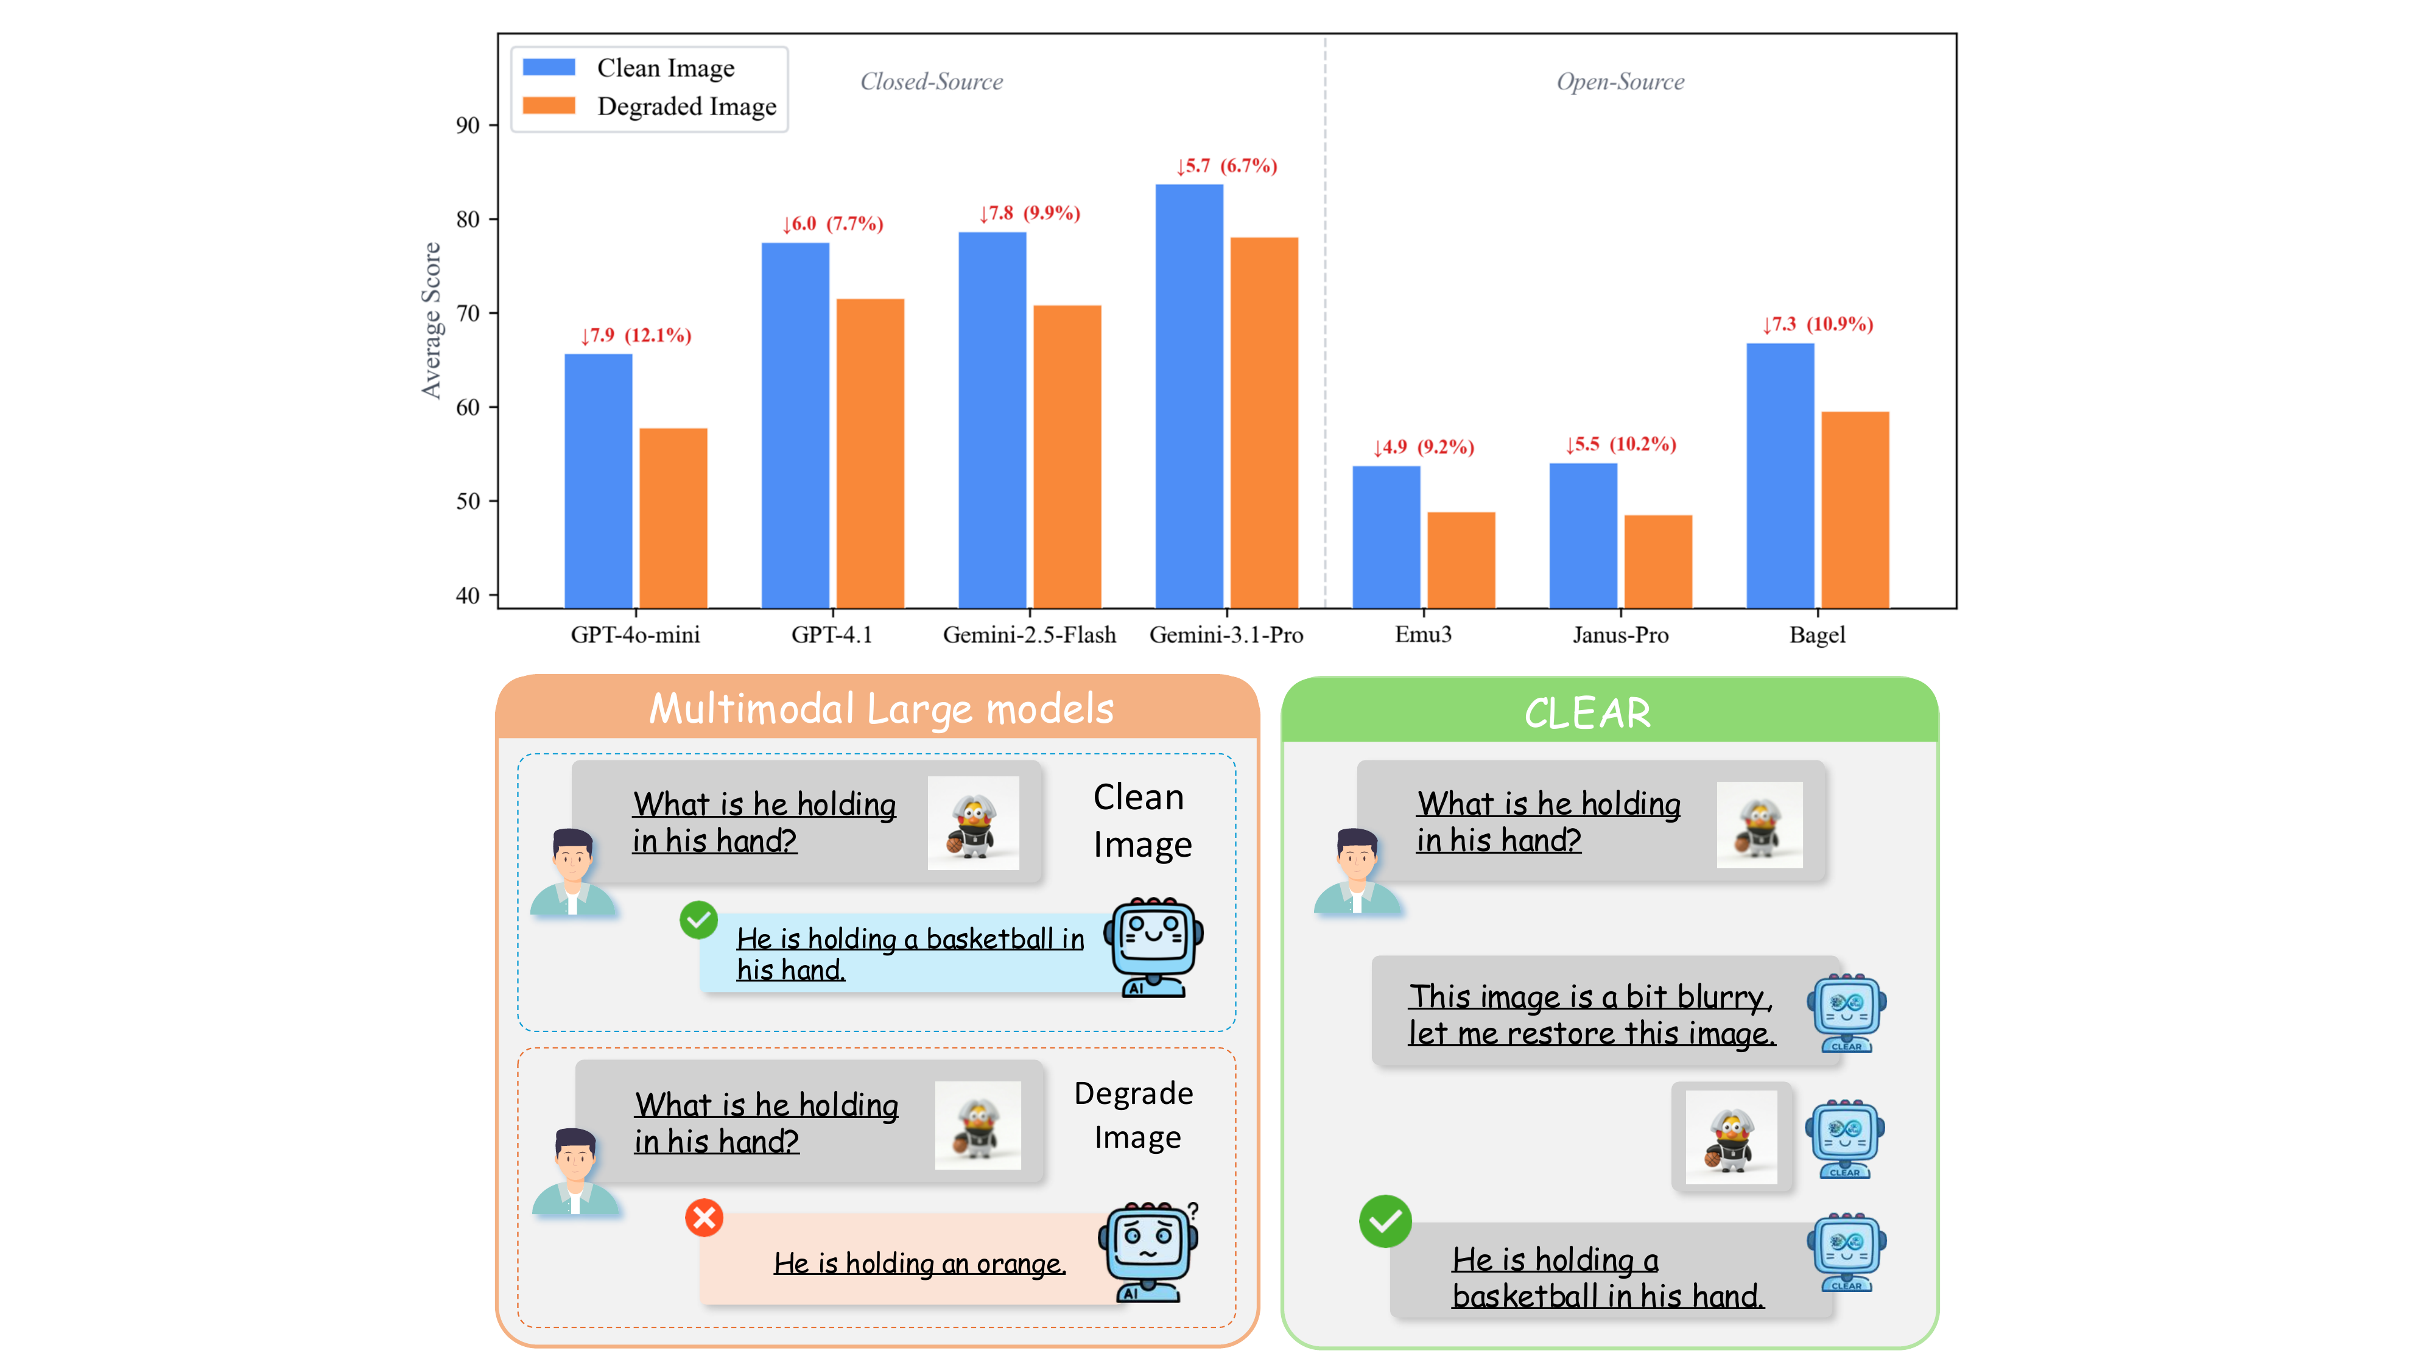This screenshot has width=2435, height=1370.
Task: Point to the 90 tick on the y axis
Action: tap(468, 126)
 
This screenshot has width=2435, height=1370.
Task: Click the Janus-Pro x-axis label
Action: tap(1620, 634)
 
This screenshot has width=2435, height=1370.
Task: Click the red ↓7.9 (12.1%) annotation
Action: tap(635, 335)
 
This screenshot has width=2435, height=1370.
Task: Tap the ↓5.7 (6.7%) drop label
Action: tap(1226, 166)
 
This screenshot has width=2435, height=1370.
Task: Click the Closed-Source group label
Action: tap(931, 82)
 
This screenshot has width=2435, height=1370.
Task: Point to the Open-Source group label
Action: tap(1620, 82)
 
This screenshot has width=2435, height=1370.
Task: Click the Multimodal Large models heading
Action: tap(881, 709)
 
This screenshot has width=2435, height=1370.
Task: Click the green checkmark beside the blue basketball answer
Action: tap(698, 919)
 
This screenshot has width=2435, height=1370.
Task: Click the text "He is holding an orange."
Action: tap(919, 1263)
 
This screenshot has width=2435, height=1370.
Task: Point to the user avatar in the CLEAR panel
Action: tap(1357, 871)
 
